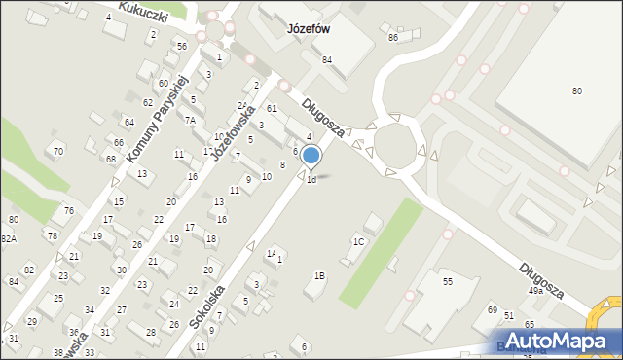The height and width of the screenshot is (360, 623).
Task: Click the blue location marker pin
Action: coord(311,156)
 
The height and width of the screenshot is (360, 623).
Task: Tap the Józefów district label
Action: coord(310,29)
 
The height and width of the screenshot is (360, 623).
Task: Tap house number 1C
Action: coord(358,241)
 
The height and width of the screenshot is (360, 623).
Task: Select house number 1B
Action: coord(318,275)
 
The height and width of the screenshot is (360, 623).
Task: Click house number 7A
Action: coord(191,120)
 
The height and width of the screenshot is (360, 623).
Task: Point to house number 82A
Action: coord(8,238)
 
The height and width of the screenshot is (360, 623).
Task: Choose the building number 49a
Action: coord(535,291)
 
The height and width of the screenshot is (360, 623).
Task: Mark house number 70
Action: coord(58,151)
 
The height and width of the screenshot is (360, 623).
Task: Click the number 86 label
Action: coord(393,37)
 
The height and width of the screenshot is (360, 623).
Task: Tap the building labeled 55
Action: coord(448,281)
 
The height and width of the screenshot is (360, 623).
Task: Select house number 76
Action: coord(68,210)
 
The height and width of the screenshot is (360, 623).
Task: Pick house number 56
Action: coord(181,46)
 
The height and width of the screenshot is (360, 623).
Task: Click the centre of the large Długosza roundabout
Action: coord(395,145)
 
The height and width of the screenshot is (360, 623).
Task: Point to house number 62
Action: coord(147,101)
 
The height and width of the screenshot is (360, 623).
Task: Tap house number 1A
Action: coord(271,253)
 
